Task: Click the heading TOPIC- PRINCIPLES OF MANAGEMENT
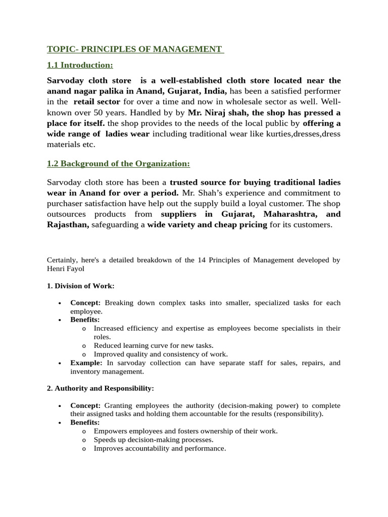point(135,49)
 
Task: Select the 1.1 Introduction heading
point(80,65)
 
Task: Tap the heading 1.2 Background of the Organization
point(118,164)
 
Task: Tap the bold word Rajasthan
point(68,225)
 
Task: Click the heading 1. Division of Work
point(80,286)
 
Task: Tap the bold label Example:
point(86,363)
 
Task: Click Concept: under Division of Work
point(85,302)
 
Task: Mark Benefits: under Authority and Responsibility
point(85,422)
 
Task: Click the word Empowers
point(111,431)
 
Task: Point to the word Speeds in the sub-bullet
point(105,439)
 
